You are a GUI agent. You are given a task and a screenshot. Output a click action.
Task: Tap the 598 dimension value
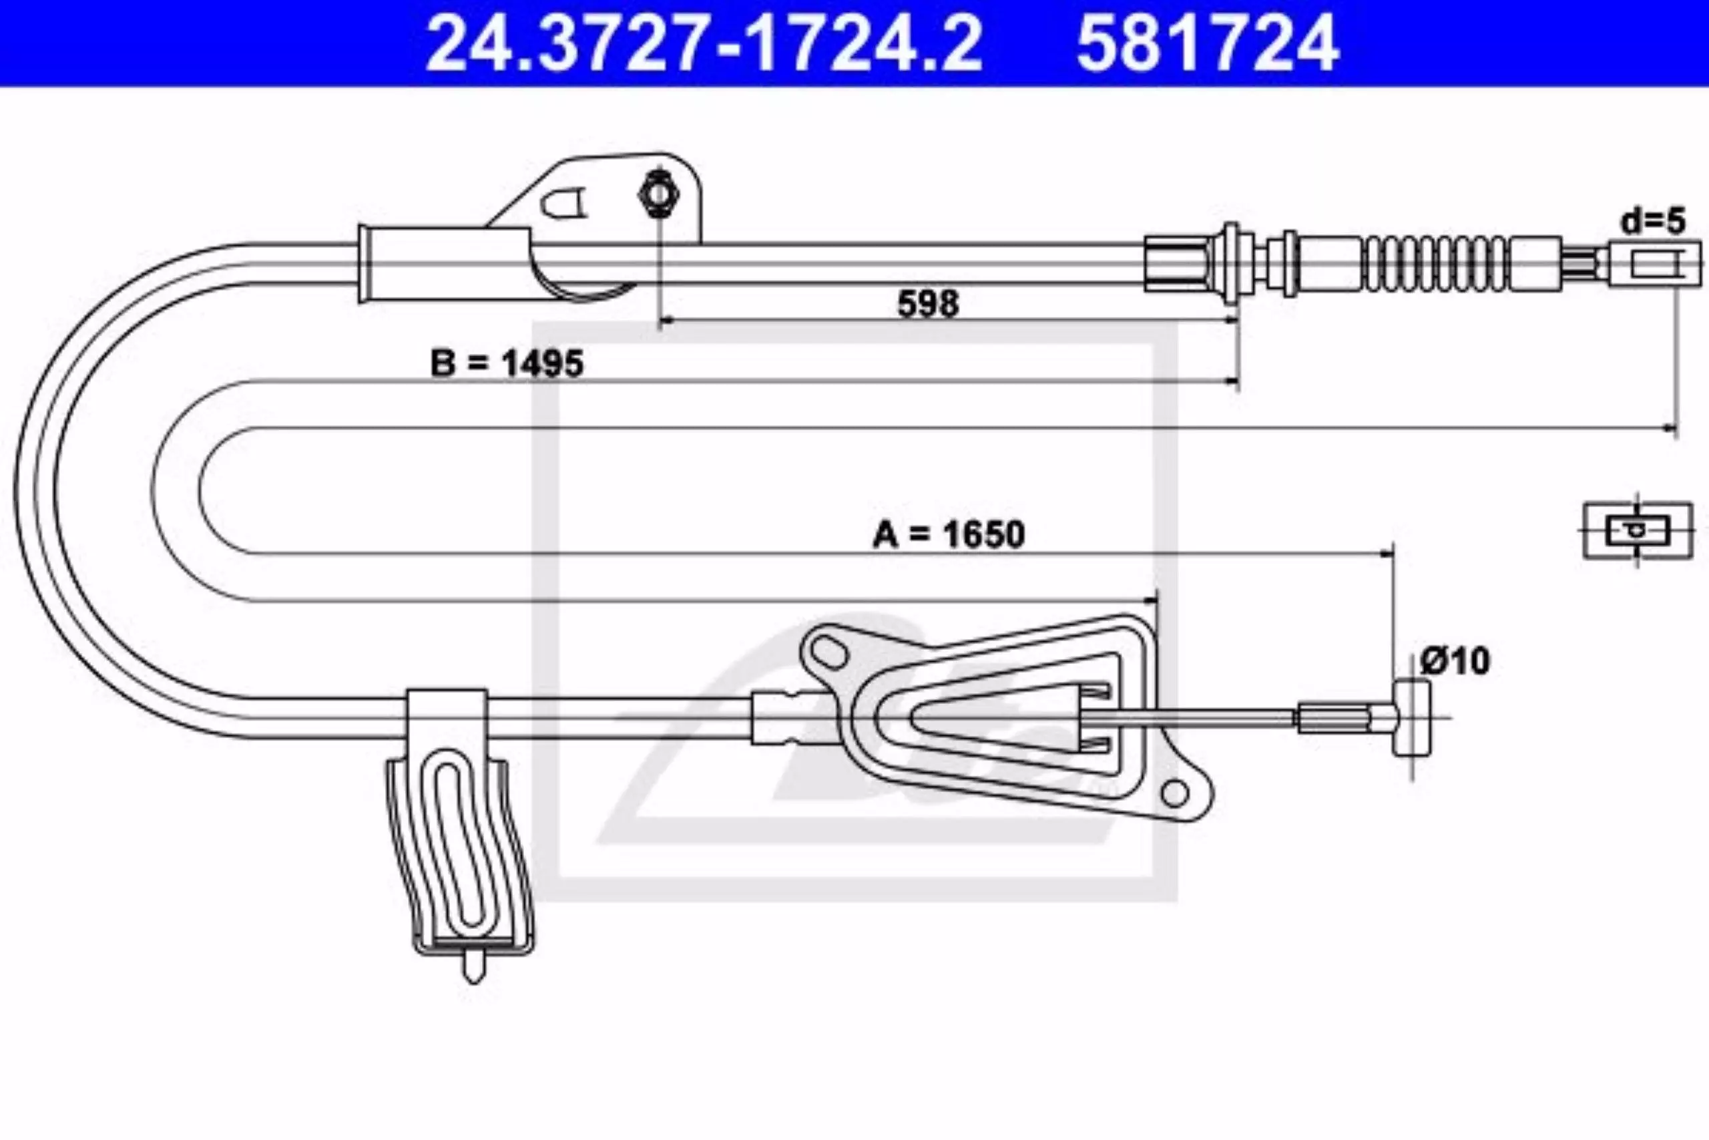(x=928, y=303)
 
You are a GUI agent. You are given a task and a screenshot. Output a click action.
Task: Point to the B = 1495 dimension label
(x=507, y=363)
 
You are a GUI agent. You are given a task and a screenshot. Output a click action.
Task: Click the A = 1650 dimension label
(x=948, y=534)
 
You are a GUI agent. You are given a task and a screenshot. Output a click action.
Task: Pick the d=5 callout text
(x=1653, y=221)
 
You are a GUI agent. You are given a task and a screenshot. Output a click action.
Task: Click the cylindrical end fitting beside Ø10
(x=1412, y=717)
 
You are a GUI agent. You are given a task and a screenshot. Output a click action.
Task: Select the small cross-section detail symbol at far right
(x=1638, y=531)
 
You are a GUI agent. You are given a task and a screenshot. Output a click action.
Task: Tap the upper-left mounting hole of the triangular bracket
(x=828, y=651)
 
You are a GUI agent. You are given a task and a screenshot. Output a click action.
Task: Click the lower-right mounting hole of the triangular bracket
(x=1174, y=793)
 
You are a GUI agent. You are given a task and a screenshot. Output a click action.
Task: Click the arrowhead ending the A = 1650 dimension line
(x=1387, y=554)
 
